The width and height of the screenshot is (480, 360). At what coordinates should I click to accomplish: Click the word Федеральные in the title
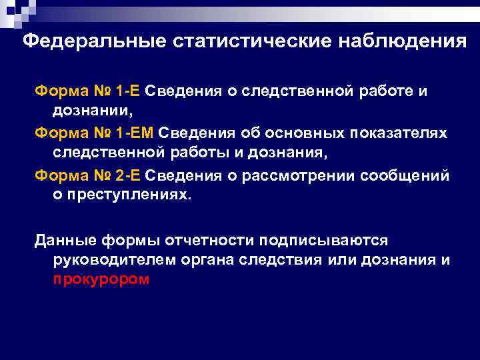(93, 42)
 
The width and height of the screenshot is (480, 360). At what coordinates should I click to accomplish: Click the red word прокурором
(101, 280)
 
